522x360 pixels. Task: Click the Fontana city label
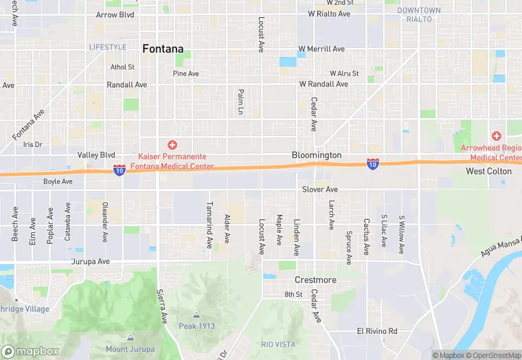pos(163,49)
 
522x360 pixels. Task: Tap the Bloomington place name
pos(316,155)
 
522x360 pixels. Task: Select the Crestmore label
pos(315,280)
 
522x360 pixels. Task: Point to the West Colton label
pos(488,171)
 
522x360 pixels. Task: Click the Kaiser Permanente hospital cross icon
pos(172,144)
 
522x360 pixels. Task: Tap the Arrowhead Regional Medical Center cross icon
pos(497,136)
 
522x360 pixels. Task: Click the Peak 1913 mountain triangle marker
pos(196,315)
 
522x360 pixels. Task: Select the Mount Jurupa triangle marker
pos(130,337)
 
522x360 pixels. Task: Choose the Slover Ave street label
pos(320,189)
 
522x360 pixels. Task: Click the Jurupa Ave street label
pos(90,262)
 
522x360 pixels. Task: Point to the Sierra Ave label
pos(163,307)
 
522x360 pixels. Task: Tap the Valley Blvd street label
pos(96,155)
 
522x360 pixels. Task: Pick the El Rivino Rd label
pos(376,330)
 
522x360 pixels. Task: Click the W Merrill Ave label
pos(321,49)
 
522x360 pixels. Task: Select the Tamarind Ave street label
pos(209,225)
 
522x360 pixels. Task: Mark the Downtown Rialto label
pos(419,14)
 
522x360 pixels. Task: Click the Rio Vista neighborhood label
pos(277,344)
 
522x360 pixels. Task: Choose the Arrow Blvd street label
pos(115,14)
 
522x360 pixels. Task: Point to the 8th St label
pos(293,294)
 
